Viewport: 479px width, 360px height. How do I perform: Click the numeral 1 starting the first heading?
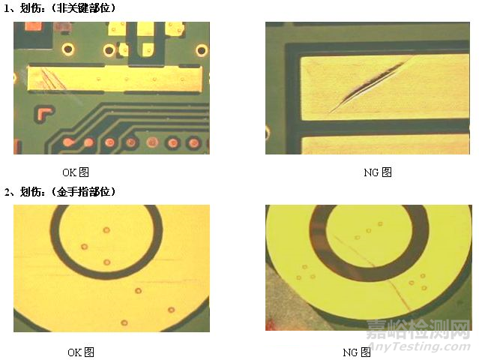tap(6, 7)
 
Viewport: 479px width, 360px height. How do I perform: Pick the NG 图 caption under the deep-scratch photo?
tap(378, 172)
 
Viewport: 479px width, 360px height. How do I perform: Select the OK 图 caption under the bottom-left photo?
tap(81, 352)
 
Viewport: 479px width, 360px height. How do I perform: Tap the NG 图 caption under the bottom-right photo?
tap(357, 352)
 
